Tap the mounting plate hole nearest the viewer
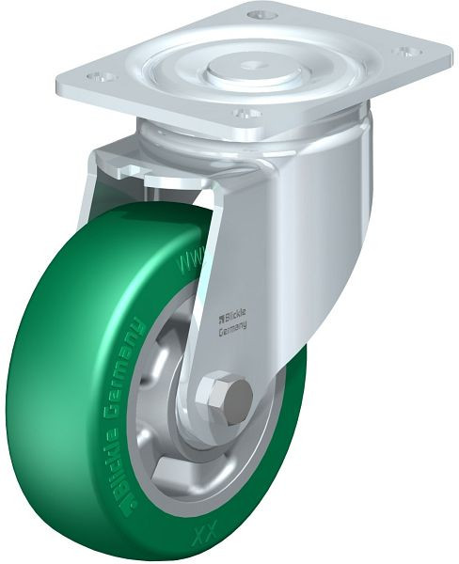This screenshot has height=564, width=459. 246,114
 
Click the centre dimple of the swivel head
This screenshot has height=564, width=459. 253,66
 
